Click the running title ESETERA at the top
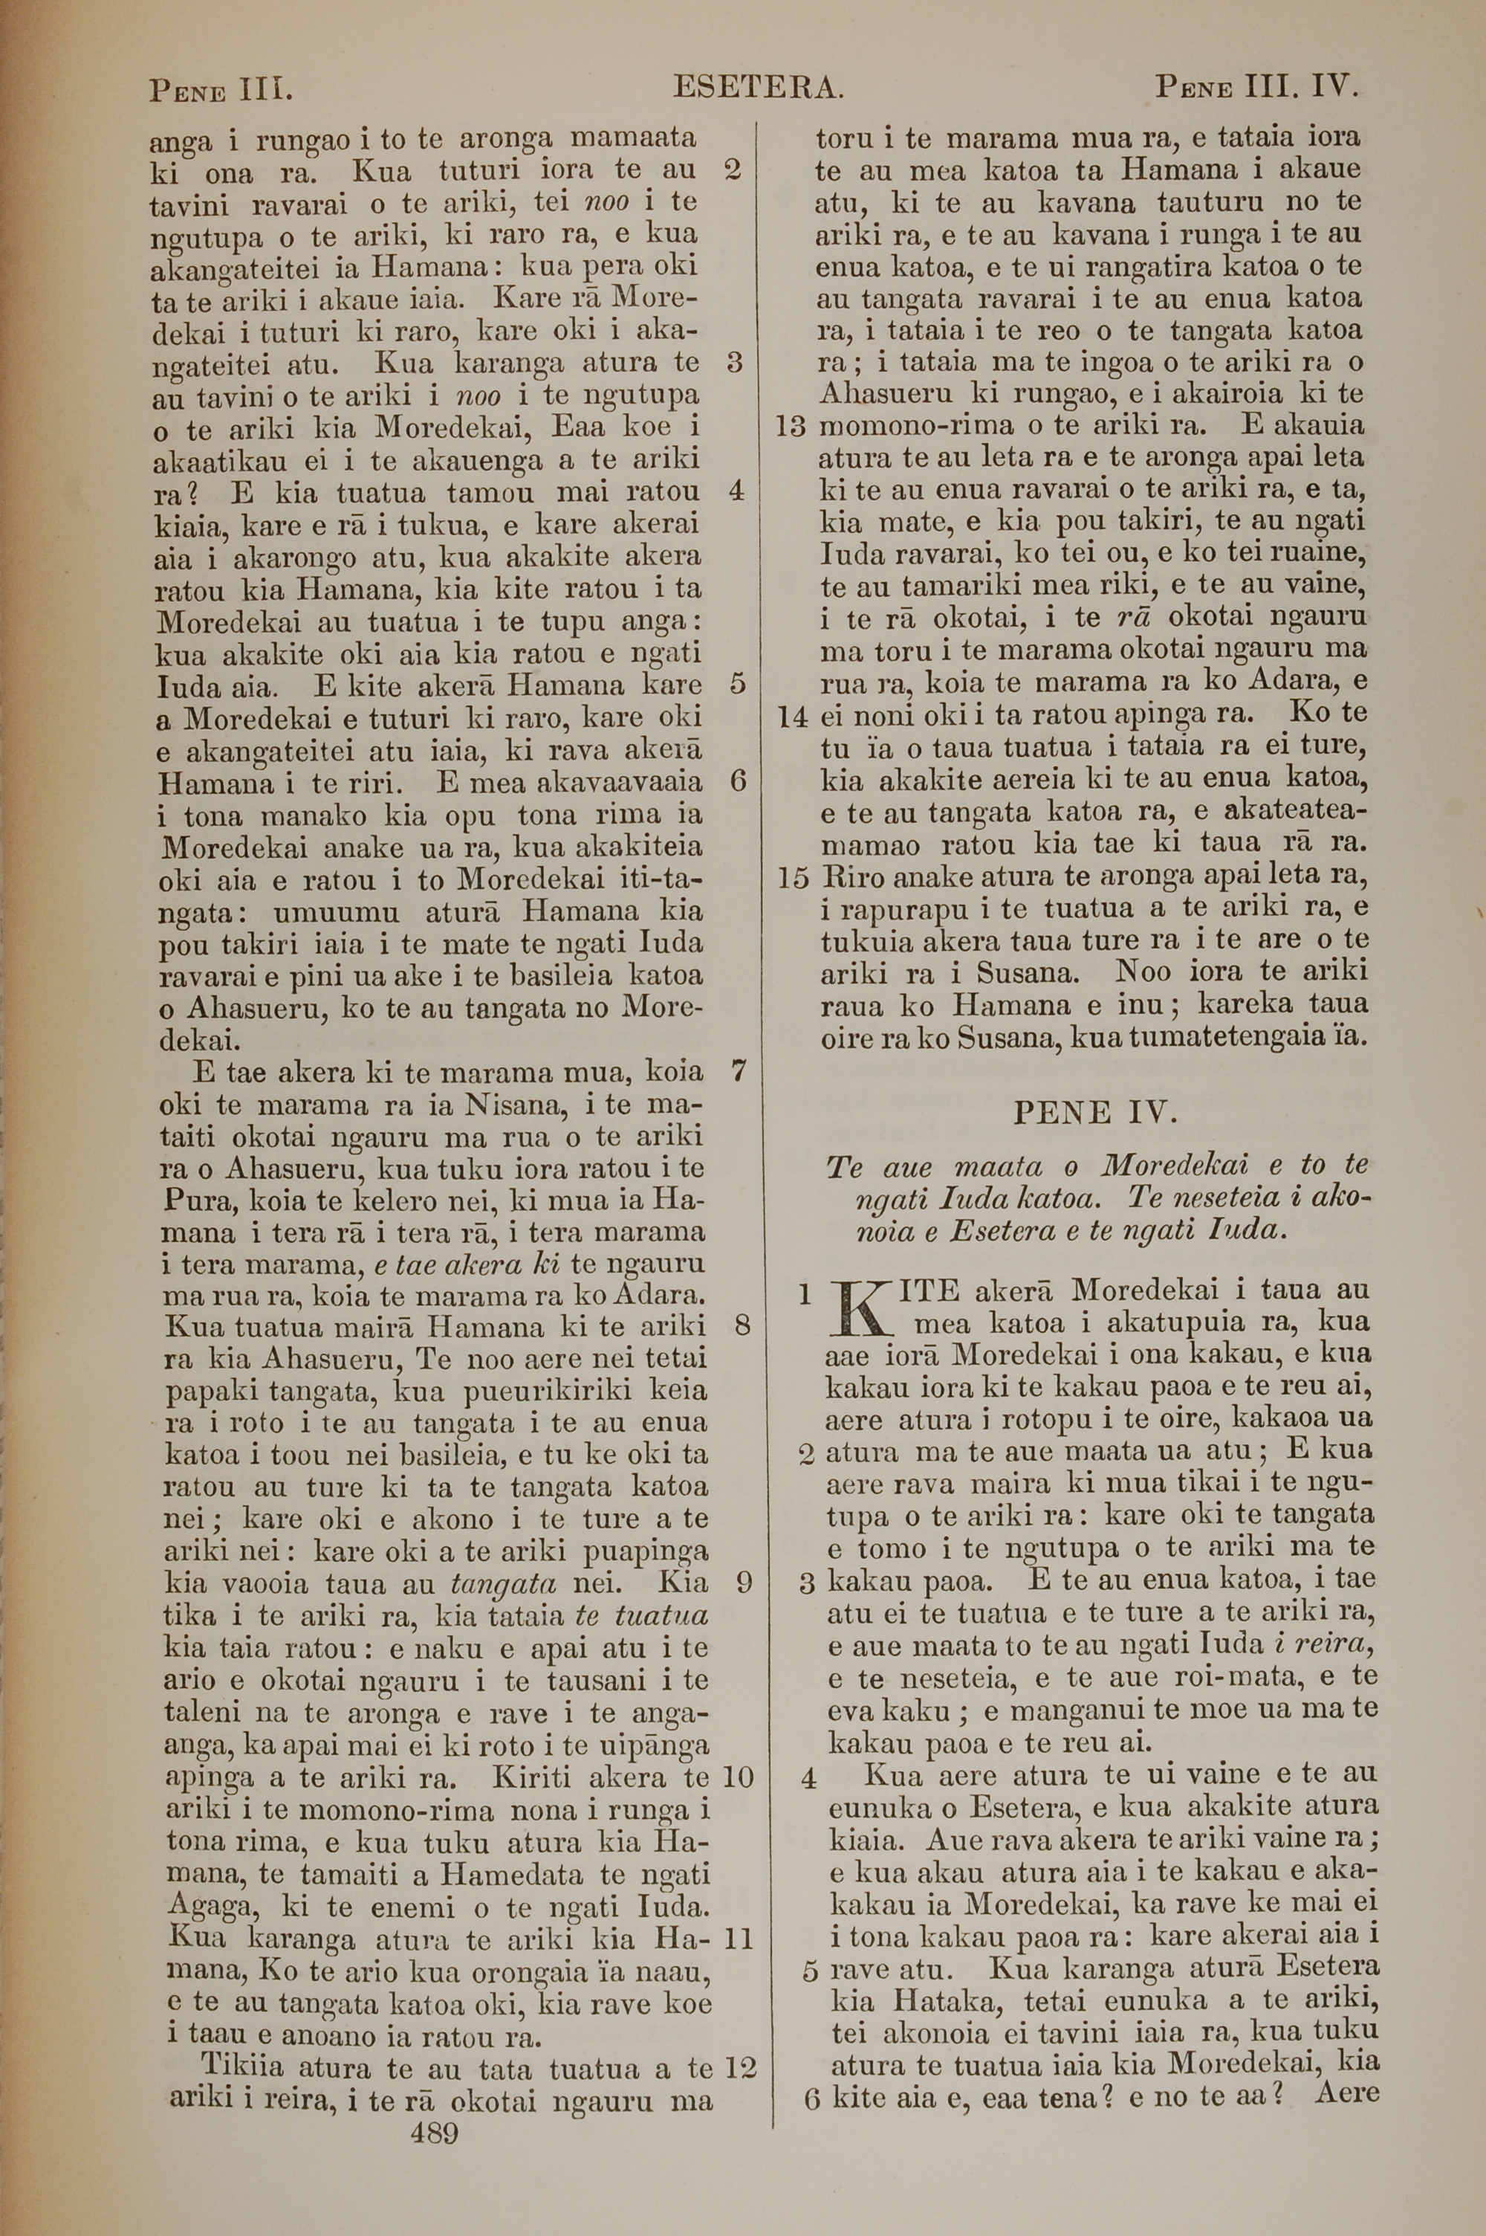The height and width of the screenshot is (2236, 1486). pos(757,89)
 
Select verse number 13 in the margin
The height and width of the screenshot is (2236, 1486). pos(791,427)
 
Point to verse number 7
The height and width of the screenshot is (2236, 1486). pos(740,1072)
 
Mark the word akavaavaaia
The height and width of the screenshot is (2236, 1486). pos(620,783)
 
